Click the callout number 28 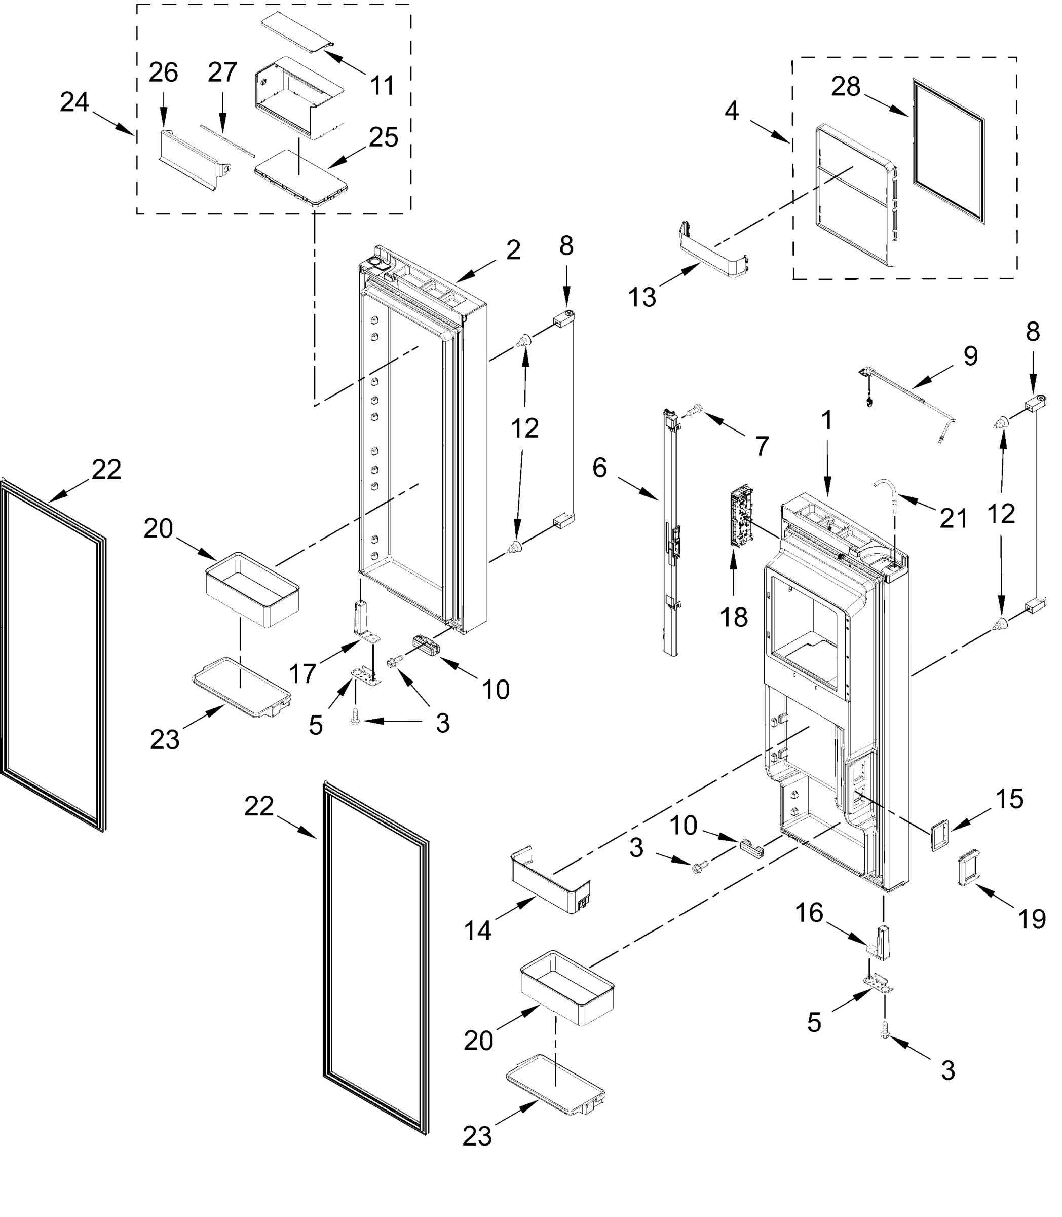pyautogui.click(x=845, y=88)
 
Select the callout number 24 pyautogui.click(x=74, y=102)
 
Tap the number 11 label pyautogui.click(x=382, y=86)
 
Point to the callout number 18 pyautogui.click(x=734, y=618)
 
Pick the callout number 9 pyautogui.click(x=970, y=356)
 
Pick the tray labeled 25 pyautogui.click(x=301, y=175)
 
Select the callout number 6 pyautogui.click(x=600, y=469)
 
